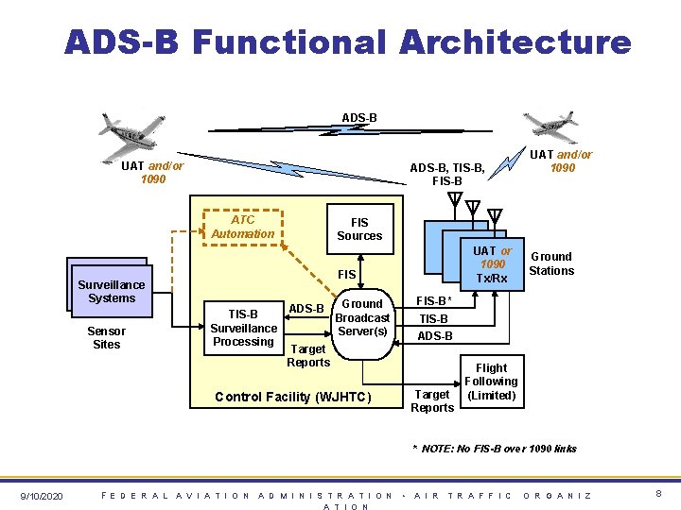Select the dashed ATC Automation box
point(242,227)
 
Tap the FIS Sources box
point(359,229)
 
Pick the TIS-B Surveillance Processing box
point(243,328)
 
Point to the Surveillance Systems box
point(112,291)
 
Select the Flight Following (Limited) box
point(491,382)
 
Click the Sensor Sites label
point(107,338)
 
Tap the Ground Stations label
point(551,263)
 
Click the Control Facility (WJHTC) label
point(294,396)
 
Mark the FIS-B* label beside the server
point(435,301)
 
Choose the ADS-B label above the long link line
point(359,117)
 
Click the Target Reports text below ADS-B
point(308,356)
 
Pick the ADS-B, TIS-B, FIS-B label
point(447,174)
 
